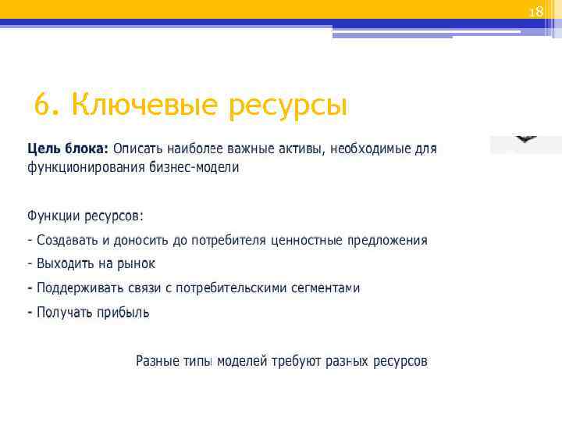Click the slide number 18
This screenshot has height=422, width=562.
coord(535,12)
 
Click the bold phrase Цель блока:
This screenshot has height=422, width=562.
coord(68,148)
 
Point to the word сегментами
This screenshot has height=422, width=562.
coord(325,288)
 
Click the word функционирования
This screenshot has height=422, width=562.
coord(86,168)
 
